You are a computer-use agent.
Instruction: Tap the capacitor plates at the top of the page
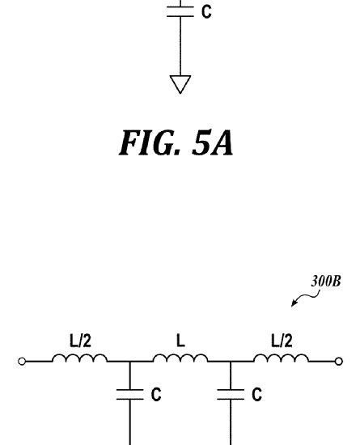pos(180,11)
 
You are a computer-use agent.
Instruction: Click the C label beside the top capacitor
pos(206,12)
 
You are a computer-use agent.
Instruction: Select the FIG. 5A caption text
pos(176,142)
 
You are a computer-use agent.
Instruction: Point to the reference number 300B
pos(326,282)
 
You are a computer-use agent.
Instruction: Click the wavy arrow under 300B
pos(306,298)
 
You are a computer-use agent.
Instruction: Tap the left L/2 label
pos(81,341)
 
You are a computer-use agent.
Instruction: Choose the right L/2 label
pos(282,341)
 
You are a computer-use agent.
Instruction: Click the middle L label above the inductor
pos(180,341)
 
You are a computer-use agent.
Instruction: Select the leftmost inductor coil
pos(80,358)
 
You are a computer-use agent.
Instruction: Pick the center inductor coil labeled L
pos(180,358)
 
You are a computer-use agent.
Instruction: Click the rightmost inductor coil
pos(281,358)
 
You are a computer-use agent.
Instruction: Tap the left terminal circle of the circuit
pos(22,362)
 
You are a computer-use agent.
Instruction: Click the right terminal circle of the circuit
pos(339,362)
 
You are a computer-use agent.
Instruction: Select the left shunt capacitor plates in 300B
pos(130,395)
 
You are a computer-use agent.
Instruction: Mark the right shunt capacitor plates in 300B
pos(231,395)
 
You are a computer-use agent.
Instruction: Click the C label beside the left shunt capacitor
pos(156,395)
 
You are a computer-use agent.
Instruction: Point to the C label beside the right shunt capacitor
pos(256,395)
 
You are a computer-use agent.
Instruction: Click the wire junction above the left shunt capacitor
pos(130,362)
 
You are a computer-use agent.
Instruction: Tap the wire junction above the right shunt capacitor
pos(231,362)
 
